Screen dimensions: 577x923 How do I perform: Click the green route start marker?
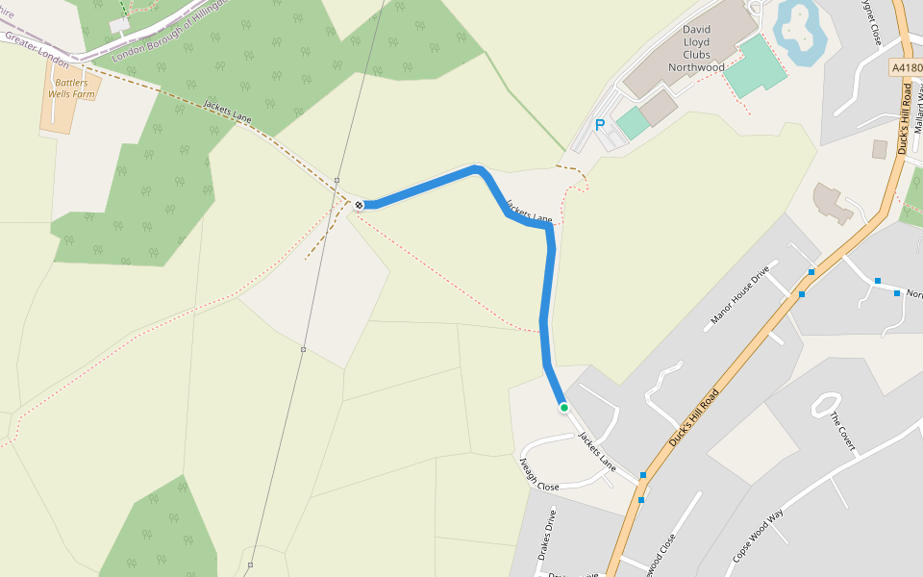click(x=564, y=408)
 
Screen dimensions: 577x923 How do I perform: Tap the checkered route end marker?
click(x=359, y=205)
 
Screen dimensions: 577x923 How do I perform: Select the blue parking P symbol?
click(x=600, y=125)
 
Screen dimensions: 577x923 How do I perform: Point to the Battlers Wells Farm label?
click(x=71, y=88)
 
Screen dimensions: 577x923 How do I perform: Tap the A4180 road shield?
click(x=907, y=68)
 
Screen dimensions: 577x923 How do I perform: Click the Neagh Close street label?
click(x=539, y=473)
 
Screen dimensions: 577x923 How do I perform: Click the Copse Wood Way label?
click(x=759, y=537)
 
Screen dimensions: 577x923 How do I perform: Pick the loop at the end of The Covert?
click(x=827, y=405)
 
